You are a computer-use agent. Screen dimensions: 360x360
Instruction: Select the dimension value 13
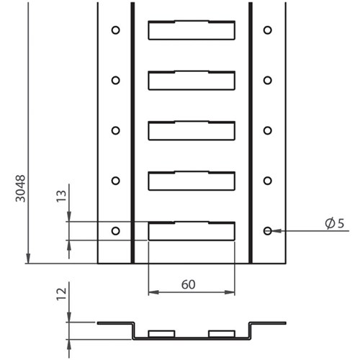[x=63, y=195]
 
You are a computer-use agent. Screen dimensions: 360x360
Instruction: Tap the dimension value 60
[x=189, y=284]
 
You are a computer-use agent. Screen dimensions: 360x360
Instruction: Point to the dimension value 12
[x=63, y=292]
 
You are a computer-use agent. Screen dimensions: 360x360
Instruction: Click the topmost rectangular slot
[x=192, y=30]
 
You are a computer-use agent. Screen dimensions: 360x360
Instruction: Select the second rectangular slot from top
[x=192, y=80]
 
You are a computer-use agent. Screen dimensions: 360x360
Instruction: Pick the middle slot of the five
[x=192, y=130]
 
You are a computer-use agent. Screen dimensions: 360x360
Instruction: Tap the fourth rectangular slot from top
[x=192, y=181]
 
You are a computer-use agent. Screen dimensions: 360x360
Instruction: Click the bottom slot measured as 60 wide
[x=192, y=230]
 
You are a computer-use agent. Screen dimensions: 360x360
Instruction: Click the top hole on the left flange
[x=115, y=30]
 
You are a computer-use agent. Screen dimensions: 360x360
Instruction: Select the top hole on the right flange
[x=267, y=30]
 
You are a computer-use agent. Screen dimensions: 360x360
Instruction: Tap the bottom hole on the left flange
[x=115, y=230]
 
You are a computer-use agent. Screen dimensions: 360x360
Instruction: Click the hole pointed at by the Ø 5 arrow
[x=267, y=230]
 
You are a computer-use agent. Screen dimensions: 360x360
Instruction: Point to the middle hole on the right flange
[x=267, y=130]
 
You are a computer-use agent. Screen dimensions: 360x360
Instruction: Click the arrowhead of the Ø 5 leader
[x=275, y=230]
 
